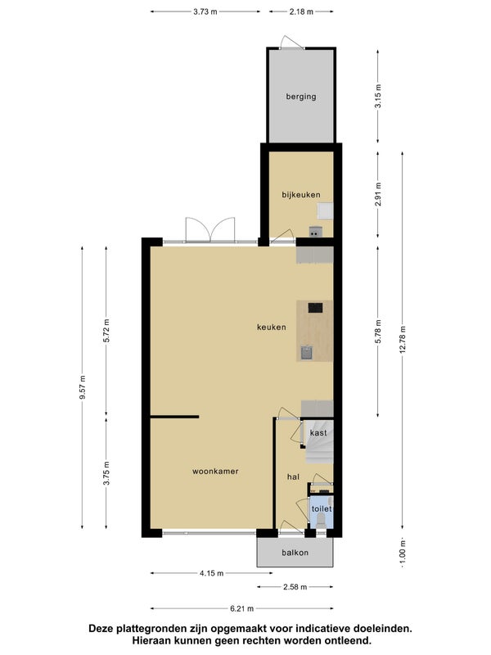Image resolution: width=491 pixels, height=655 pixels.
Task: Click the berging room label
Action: coord(300,97)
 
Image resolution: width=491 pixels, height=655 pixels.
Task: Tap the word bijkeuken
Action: coord(301,195)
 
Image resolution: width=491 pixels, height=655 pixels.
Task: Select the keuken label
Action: coord(272,327)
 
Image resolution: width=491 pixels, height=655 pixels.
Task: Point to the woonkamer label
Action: coord(215,472)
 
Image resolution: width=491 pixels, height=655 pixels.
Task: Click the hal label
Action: coord(293,477)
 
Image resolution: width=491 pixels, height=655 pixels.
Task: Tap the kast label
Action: coord(318,433)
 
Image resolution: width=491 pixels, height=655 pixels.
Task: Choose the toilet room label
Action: coord(322,508)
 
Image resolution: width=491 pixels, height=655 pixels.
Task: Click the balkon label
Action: coord(295,553)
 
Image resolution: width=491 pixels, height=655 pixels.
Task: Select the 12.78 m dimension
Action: coord(403,339)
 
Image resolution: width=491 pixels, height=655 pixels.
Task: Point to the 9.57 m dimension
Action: coord(83,387)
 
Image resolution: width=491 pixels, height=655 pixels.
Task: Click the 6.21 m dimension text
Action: coord(241,608)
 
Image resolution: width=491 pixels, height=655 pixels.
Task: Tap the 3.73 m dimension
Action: coord(205,11)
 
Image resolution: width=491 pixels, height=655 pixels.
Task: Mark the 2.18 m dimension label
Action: coord(301,11)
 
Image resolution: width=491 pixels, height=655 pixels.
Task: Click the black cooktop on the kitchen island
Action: coord(315,309)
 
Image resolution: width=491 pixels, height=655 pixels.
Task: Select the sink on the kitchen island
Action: coord(306,354)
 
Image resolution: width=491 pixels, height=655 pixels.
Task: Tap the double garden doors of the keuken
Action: coord(210,230)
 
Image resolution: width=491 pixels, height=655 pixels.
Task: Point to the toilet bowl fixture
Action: coord(321,519)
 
